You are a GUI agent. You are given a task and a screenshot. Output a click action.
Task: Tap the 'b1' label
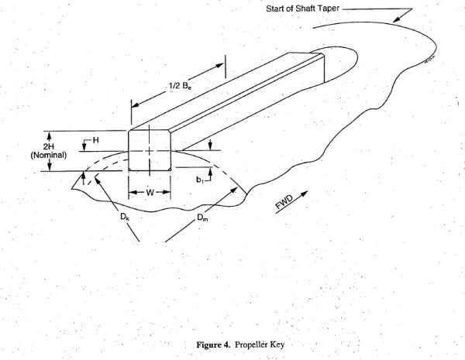tap(200, 179)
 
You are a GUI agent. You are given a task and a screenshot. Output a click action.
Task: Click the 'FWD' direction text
tap(285, 204)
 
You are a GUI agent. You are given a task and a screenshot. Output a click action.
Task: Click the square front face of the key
tap(150, 149)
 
